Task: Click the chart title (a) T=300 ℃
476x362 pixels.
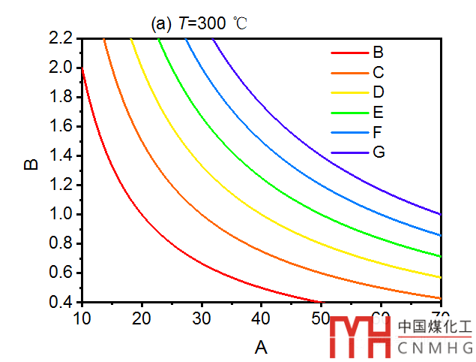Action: (199, 23)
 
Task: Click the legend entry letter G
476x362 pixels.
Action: (379, 153)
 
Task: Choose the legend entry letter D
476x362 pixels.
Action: (379, 92)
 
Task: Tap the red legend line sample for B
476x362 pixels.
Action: (347, 53)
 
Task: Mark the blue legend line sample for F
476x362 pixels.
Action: (347, 133)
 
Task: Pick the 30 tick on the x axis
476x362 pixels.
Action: (201, 318)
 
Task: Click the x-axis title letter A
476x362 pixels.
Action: (261, 346)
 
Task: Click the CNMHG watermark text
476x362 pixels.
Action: (436, 348)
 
